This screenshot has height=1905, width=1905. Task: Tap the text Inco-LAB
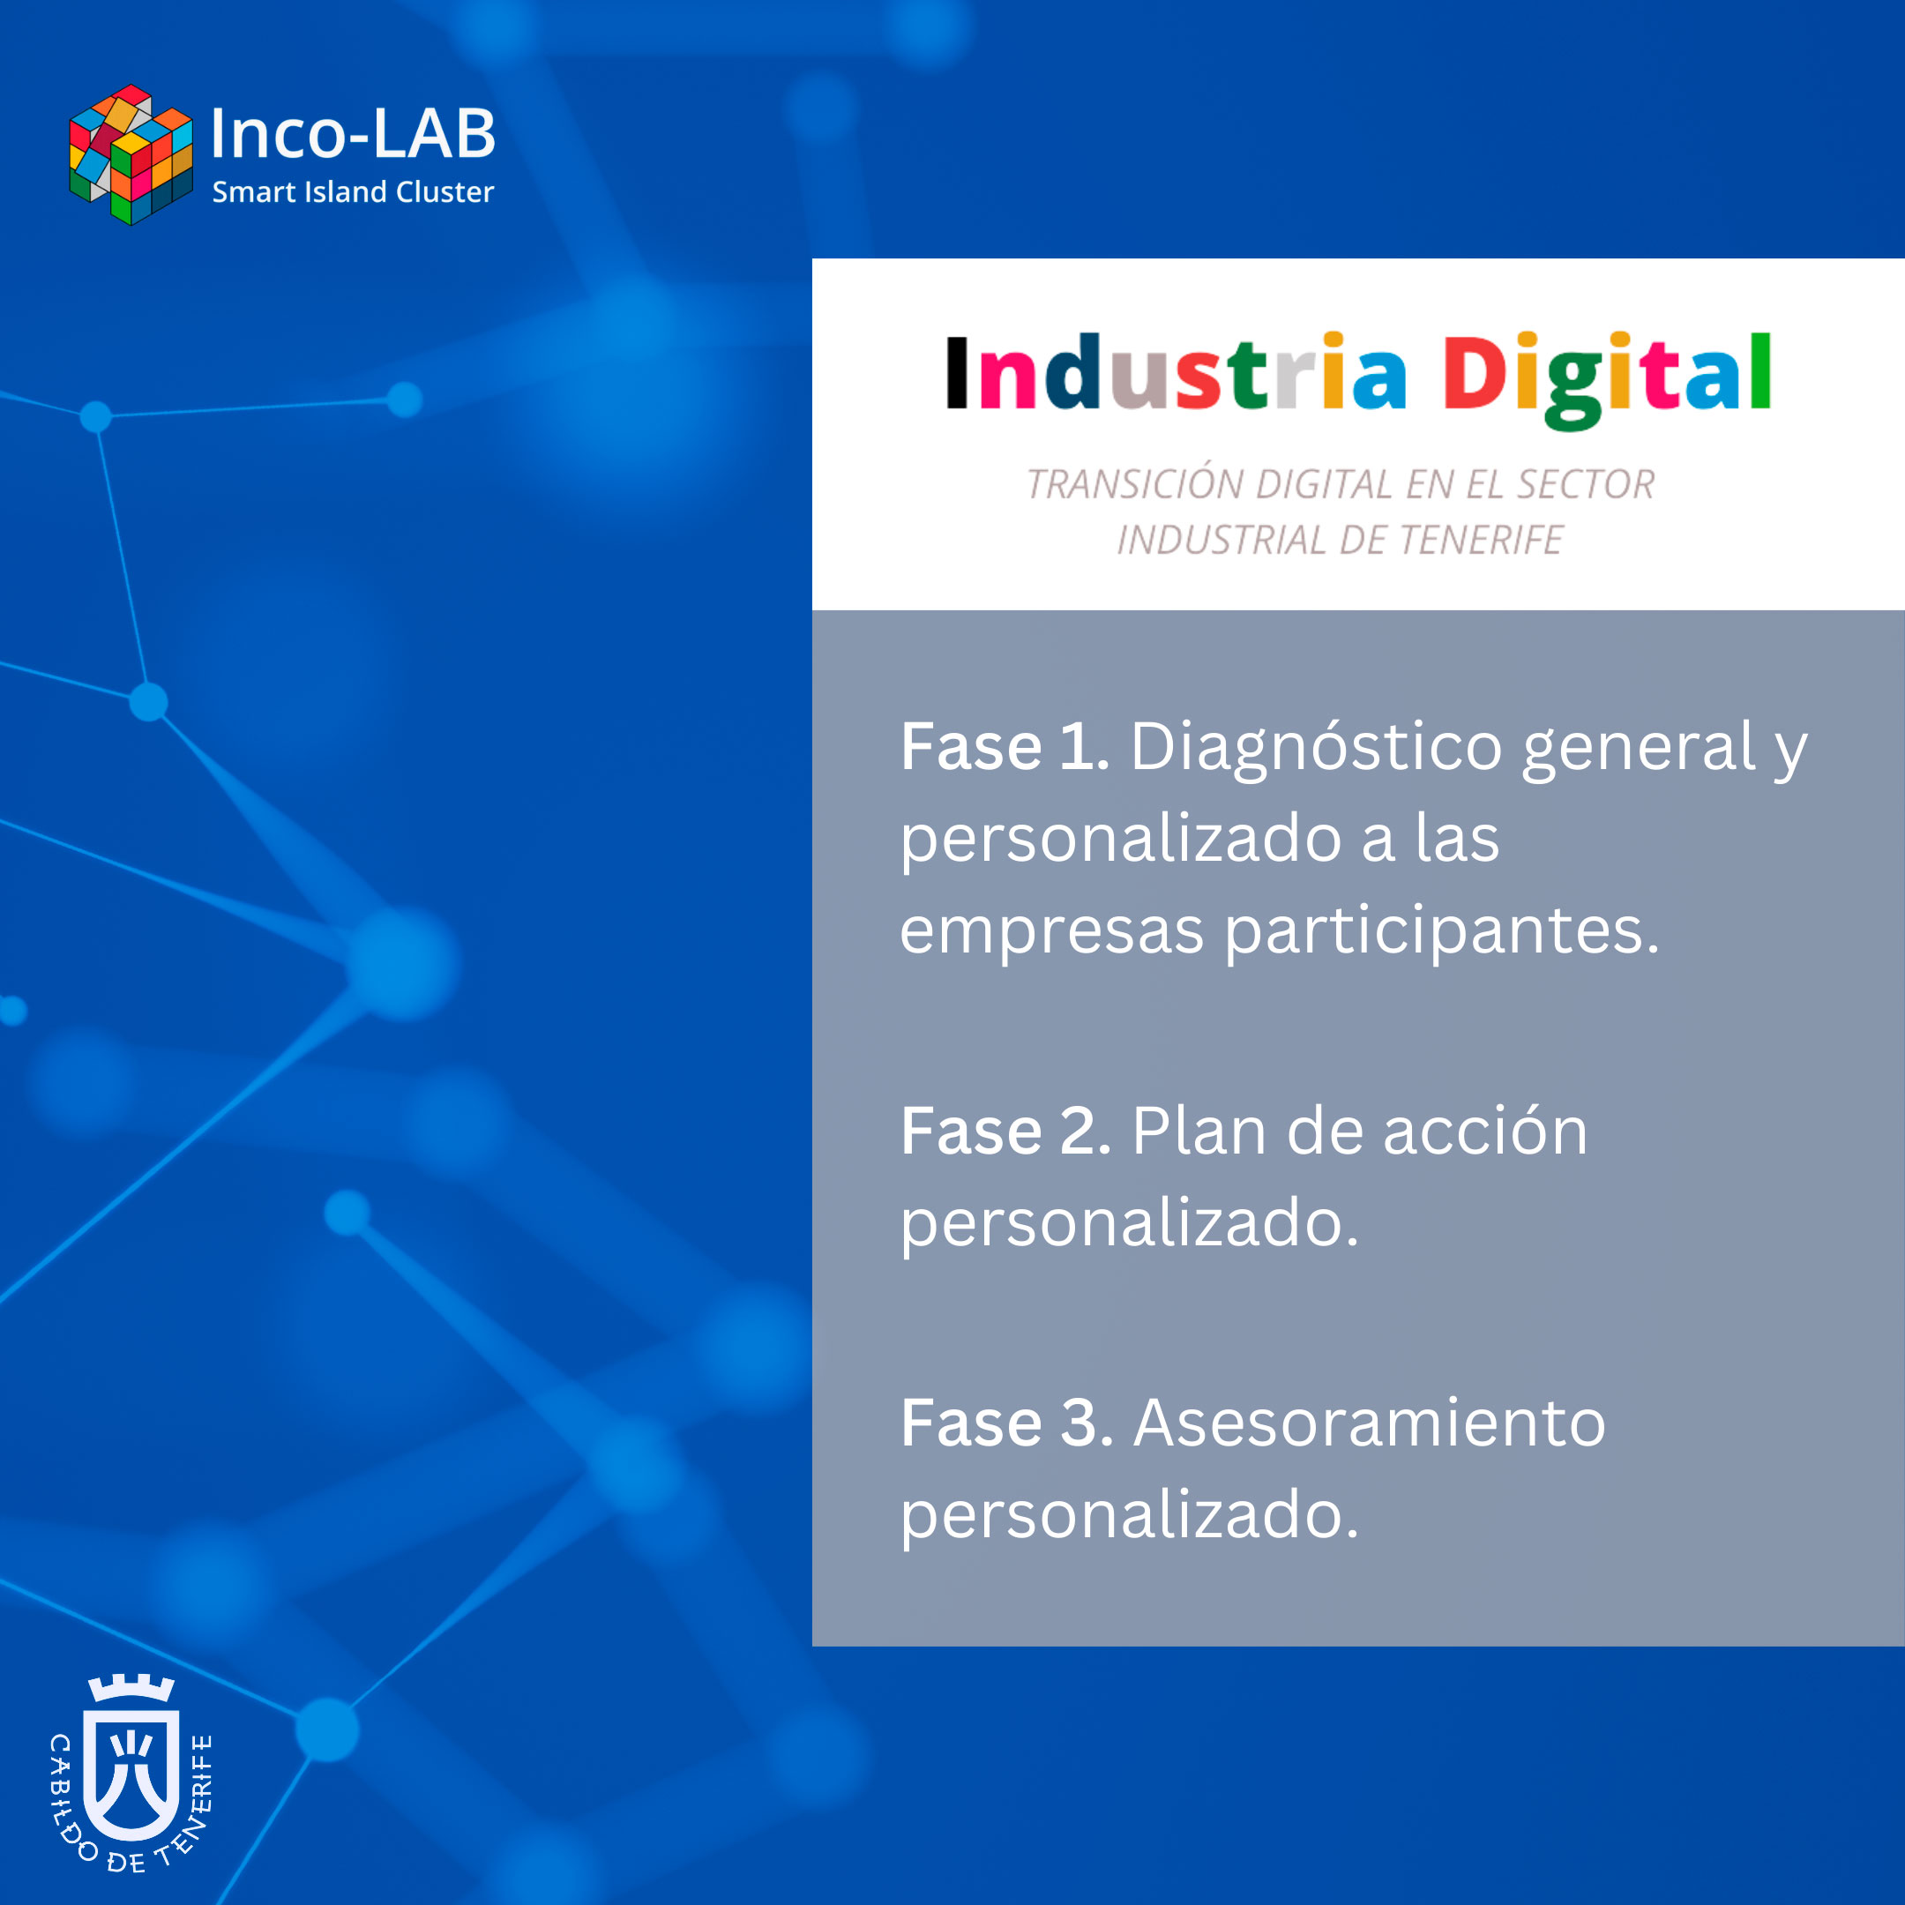352,133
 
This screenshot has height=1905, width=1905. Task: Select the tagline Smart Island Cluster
353,191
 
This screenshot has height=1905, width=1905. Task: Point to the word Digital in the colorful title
1607,379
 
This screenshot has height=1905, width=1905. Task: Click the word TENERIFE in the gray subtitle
1480,541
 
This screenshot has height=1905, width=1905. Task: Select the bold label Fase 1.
1005,746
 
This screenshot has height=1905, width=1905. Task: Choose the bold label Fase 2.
1005,1131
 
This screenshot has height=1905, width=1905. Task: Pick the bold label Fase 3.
1006,1423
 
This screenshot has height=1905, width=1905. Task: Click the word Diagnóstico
1317,750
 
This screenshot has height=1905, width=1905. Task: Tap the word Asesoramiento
1370,1423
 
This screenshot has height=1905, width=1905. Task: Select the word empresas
1052,933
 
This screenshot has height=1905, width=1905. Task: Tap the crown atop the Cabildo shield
131,1689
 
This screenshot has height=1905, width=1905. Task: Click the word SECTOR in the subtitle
1586,484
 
